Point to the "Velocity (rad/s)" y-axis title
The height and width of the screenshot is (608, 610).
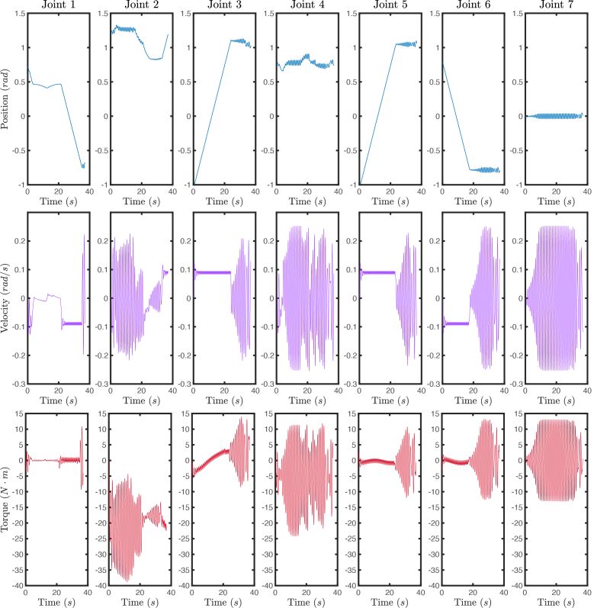click(6, 298)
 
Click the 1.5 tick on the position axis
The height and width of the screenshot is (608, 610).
click(15, 14)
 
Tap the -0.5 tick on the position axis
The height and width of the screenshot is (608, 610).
click(13, 151)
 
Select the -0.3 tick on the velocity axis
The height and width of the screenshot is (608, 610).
click(13, 384)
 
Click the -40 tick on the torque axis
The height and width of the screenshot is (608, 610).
click(13, 586)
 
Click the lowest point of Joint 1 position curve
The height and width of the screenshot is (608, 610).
click(82, 167)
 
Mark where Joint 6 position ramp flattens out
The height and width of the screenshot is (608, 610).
click(470, 169)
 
